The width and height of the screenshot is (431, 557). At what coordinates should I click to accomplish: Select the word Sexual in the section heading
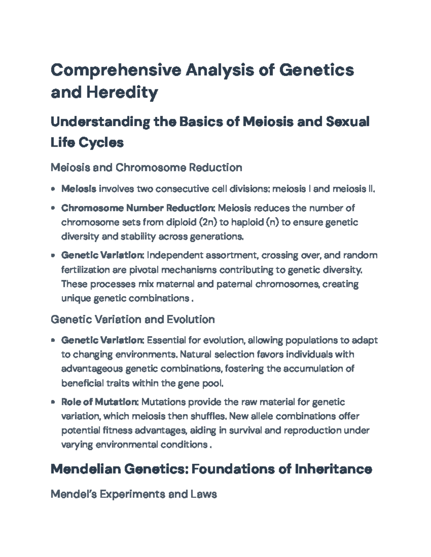pos(348,122)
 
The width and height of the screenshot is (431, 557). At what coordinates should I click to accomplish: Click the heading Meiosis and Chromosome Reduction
pos(146,167)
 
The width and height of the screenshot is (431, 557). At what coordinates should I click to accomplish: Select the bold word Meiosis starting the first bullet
pos(79,189)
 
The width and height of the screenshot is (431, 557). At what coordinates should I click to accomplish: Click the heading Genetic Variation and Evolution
pos(133,320)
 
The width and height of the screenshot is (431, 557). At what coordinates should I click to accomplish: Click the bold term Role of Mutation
pos(99,402)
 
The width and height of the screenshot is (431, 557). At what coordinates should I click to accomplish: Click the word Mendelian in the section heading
pos(86,469)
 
